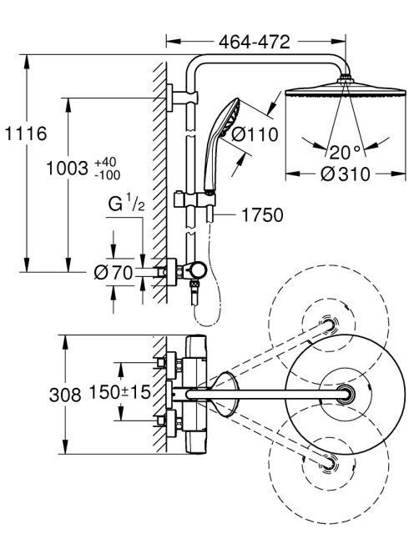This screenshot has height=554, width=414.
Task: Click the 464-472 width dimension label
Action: coord(255,42)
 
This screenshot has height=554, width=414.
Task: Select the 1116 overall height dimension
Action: coord(25,133)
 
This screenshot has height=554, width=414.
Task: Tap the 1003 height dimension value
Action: coord(67,169)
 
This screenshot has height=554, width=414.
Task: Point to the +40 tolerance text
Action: coord(105,163)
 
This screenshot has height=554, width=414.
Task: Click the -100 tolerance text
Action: coord(107,174)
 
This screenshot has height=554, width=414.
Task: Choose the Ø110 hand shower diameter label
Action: coord(255,134)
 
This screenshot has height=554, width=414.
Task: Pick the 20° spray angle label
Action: coord(345,153)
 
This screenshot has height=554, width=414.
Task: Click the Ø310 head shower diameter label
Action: coord(345,174)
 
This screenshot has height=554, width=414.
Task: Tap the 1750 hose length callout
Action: coord(262,214)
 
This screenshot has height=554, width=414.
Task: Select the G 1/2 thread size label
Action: coord(126,204)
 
